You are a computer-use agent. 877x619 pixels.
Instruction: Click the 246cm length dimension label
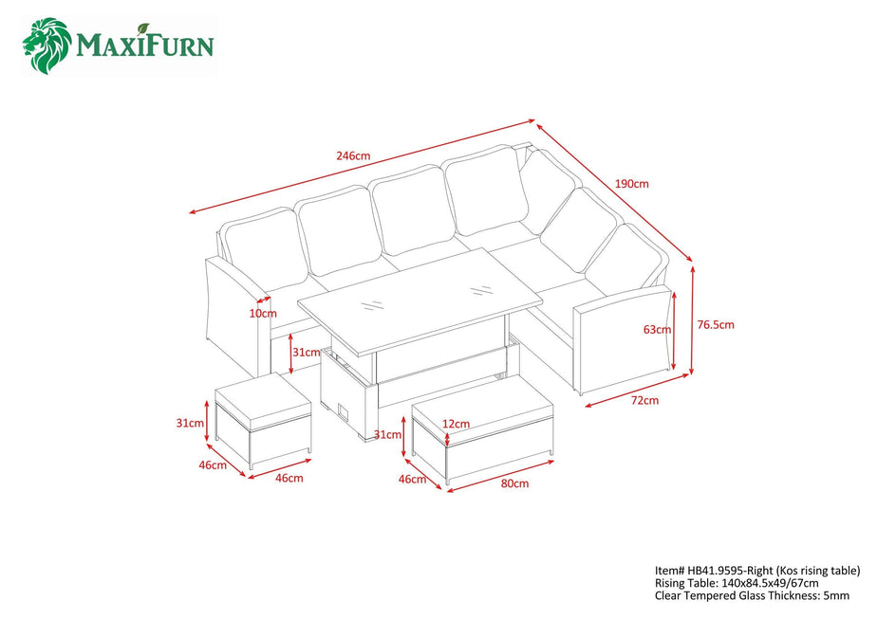(x=353, y=155)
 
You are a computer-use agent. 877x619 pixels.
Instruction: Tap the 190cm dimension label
(x=632, y=183)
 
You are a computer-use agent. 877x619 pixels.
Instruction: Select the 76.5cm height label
(x=716, y=324)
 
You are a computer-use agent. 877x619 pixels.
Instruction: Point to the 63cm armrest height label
(x=657, y=330)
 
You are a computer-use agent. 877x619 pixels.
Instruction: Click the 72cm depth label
(x=644, y=400)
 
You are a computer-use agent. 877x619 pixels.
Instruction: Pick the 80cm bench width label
(x=514, y=483)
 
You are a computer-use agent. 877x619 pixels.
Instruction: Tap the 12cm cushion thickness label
(x=456, y=424)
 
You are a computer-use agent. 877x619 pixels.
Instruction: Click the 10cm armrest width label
(x=263, y=314)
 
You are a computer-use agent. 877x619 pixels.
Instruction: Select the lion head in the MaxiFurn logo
(x=47, y=46)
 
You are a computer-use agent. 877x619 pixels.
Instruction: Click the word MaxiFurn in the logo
(x=145, y=45)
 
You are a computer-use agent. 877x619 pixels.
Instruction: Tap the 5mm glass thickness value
(x=836, y=595)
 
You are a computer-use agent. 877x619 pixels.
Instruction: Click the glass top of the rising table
(x=420, y=301)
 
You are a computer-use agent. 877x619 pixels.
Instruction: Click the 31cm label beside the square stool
(x=190, y=423)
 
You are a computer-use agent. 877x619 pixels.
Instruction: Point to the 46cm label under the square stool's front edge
(x=289, y=478)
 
